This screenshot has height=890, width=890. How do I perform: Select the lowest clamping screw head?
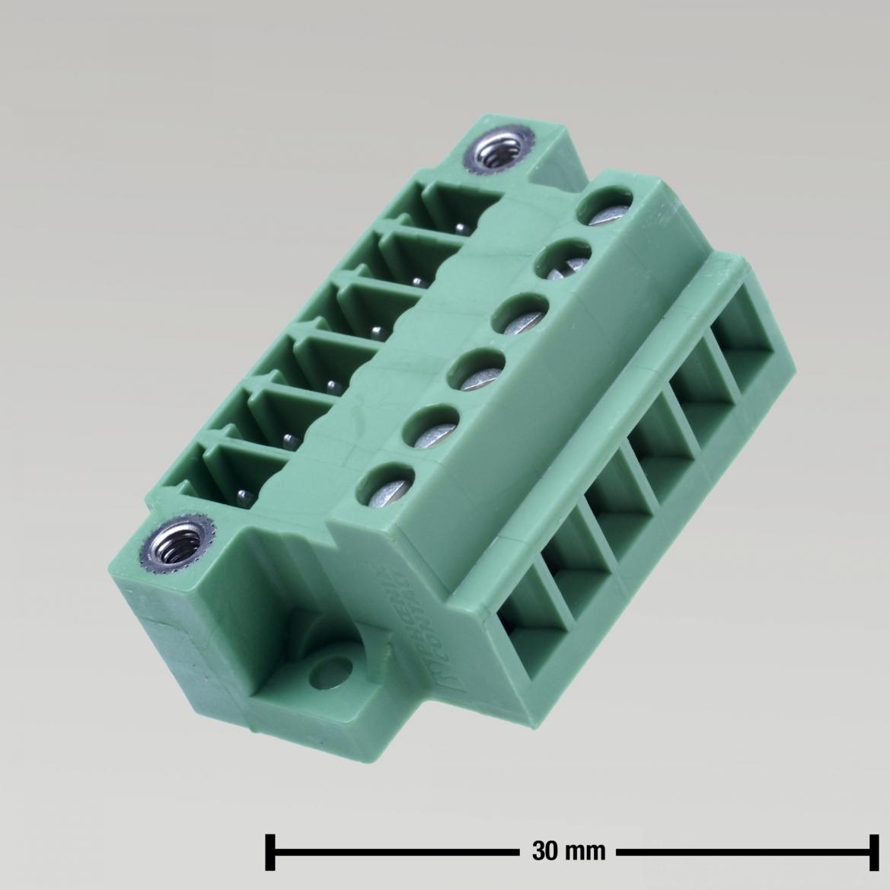tap(388, 486)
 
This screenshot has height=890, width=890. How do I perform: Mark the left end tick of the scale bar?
tap(270, 851)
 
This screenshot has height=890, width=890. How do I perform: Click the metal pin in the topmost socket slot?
tap(461, 228)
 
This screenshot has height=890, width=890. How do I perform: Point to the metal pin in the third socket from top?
tap(375, 330)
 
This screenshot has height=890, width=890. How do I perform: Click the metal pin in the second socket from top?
tap(416, 281)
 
